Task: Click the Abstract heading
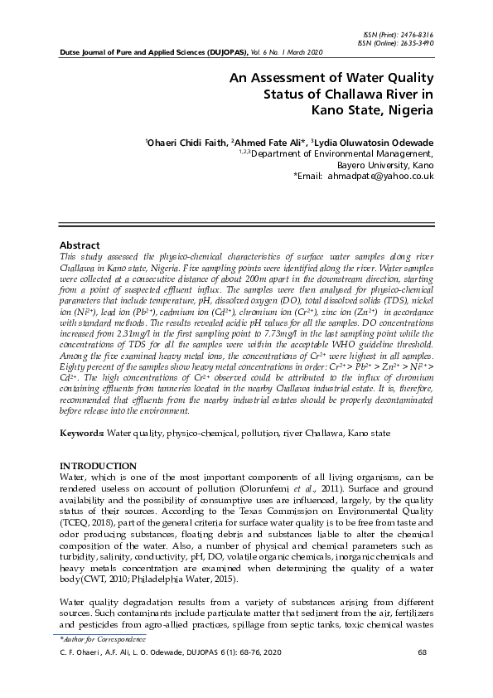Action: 80,245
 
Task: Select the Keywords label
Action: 82,433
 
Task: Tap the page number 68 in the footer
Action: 423,653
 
